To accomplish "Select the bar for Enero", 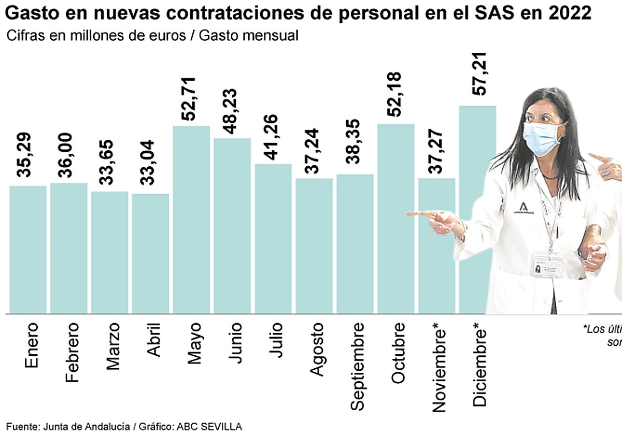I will click(28, 249).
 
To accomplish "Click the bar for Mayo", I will click(191, 220).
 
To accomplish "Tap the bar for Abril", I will click(150, 253).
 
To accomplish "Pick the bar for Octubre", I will click(396, 219).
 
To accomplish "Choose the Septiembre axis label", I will click(358, 367).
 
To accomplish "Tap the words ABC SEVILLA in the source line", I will click(209, 427).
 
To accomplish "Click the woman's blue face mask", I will click(542, 137).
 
